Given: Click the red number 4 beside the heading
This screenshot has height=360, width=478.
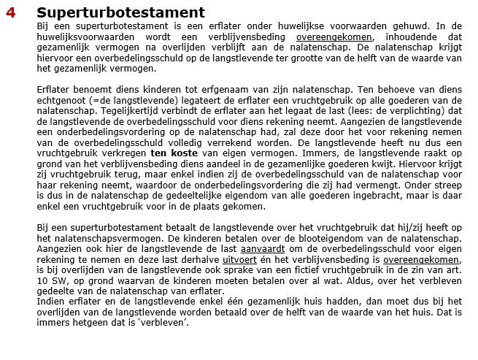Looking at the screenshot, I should pyautogui.click(x=11, y=12).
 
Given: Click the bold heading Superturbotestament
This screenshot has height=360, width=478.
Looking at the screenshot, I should pyautogui.click(x=120, y=12).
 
